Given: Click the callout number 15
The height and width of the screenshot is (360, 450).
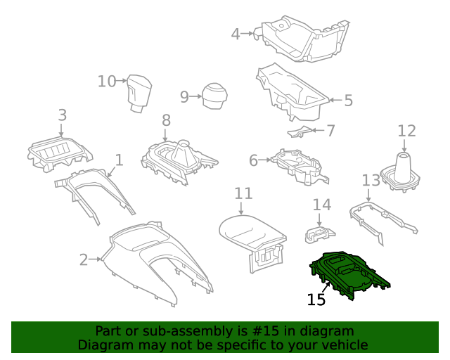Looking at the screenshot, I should [316, 300].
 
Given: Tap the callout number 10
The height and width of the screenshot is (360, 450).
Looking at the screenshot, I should [106, 82].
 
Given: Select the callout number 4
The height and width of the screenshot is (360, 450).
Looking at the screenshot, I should [236, 32].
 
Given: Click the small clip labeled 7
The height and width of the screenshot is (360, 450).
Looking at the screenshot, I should [300, 131].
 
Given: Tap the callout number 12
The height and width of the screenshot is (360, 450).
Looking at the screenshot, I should [406, 131].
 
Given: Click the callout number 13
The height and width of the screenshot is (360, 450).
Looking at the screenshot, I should [371, 181].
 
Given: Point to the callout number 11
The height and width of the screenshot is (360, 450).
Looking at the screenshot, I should [243, 193].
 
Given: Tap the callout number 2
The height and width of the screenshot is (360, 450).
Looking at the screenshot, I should [84, 260].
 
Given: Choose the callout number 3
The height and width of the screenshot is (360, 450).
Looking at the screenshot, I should [62, 115].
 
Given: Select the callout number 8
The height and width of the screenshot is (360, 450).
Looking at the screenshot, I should [166, 120].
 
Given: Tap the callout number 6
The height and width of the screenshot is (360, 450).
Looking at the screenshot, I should [253, 160].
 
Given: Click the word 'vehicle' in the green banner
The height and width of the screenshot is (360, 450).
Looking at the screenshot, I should [345, 345].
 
